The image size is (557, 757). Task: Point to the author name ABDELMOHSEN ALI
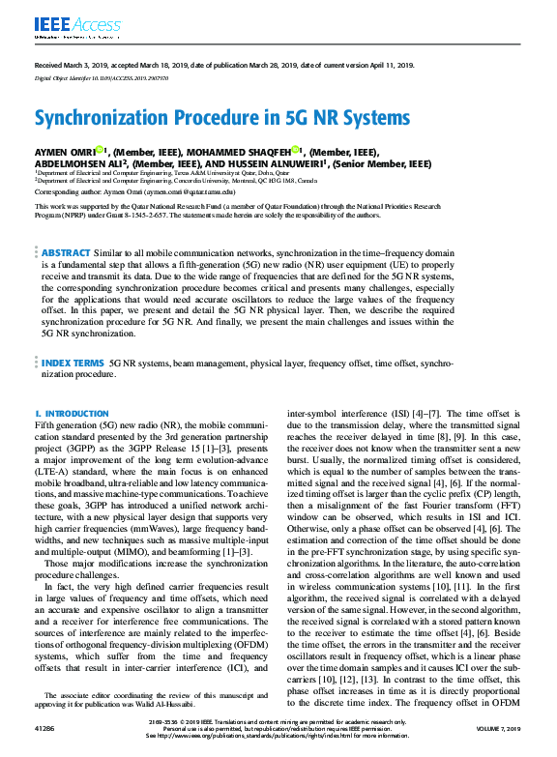(80, 164)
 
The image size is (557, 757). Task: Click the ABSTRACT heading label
(65, 250)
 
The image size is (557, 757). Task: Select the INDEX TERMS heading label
(73, 364)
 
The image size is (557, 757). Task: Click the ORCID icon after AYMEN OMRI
(100, 150)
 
